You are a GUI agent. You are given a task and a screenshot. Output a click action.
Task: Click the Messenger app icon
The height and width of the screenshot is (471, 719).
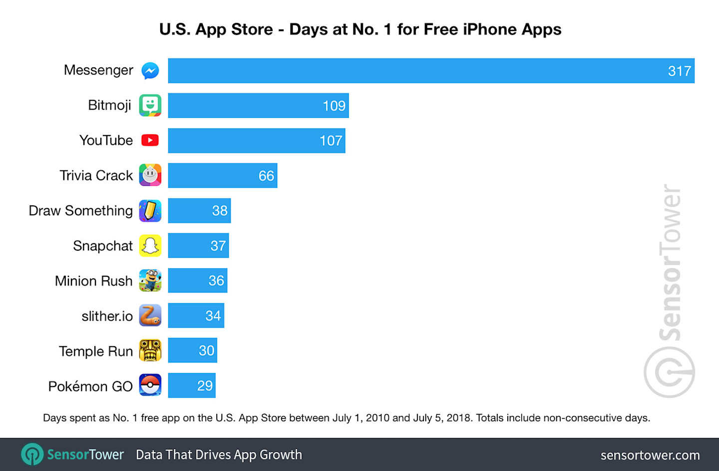click(150, 71)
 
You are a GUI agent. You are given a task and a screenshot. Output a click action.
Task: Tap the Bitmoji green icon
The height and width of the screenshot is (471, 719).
click(150, 105)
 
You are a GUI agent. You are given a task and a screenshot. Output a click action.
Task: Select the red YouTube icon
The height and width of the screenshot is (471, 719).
click(150, 140)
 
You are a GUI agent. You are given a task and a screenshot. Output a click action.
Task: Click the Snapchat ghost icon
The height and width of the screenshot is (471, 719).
click(150, 246)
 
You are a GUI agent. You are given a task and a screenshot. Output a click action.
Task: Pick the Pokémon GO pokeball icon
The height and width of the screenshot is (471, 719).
click(150, 385)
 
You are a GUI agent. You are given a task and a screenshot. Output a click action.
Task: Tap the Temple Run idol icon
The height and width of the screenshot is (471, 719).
click(150, 350)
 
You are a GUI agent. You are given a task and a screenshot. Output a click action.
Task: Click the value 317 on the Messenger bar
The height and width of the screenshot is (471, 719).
click(679, 71)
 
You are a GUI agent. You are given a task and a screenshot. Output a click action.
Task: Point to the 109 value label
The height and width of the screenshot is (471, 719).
click(334, 106)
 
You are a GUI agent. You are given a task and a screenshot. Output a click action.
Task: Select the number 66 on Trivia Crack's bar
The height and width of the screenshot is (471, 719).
click(266, 176)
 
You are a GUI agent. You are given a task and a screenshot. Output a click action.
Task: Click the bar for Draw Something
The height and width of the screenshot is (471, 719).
click(199, 211)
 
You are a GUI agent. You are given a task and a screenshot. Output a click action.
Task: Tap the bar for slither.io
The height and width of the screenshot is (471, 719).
click(196, 316)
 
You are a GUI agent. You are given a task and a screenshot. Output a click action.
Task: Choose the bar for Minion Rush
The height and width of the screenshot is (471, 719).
click(197, 281)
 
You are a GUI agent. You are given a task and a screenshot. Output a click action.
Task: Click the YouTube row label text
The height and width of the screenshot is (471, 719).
click(106, 140)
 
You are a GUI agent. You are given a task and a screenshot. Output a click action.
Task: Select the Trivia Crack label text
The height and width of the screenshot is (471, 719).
click(96, 176)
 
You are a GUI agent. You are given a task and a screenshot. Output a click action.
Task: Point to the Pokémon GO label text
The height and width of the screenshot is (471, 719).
click(90, 386)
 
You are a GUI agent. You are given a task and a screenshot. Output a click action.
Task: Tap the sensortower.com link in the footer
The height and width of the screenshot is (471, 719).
click(650, 455)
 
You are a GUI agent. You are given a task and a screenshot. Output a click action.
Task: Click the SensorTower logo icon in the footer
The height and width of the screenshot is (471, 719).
click(32, 455)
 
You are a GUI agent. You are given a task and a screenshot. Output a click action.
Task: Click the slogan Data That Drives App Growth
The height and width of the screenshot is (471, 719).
click(219, 455)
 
